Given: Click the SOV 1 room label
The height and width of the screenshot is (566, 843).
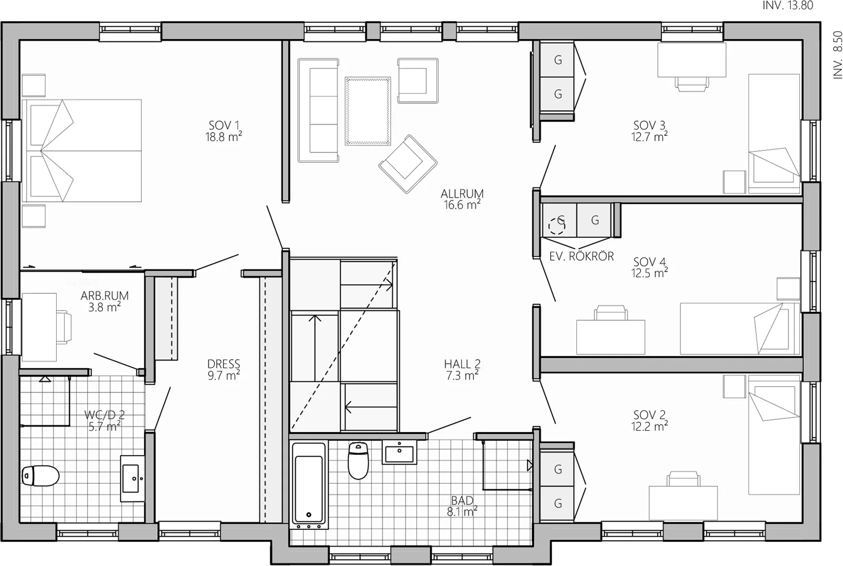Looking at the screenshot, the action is pos(223,131).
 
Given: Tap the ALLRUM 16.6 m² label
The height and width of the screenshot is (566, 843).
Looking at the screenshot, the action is pos(462,199).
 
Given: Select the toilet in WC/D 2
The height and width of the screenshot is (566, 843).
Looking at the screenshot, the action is pos(40,476).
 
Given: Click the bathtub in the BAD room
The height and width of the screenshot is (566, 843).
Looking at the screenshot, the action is pos(309,486).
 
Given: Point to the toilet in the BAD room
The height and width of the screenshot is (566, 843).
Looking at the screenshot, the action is pos(358,460).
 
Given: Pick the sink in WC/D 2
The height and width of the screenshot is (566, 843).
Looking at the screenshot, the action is pos(132,478).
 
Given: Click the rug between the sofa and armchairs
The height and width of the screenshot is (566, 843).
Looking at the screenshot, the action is pos(367,111).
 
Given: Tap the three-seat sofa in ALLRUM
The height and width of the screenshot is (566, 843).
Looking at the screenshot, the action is pos(319,110).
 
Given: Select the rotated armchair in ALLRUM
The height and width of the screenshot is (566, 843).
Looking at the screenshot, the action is pos(408,164).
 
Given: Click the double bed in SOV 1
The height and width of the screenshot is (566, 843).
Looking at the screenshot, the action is pos(82,150).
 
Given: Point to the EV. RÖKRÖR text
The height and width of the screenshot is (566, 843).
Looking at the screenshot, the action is pos(582,256).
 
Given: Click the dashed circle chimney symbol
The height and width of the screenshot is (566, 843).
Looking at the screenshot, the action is pos(557,226).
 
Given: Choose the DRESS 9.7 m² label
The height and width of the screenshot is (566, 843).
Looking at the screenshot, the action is pos(223,369).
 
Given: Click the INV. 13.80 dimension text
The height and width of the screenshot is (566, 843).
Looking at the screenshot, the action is pos(788,5).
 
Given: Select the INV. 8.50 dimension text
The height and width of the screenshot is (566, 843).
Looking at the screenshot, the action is pos(837,55).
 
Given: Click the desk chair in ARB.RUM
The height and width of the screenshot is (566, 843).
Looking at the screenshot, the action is pos(64,327).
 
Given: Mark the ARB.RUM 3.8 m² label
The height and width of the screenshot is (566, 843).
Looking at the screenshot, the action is pos(104,301).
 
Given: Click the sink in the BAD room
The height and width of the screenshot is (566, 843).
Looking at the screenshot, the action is pos(399,452).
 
